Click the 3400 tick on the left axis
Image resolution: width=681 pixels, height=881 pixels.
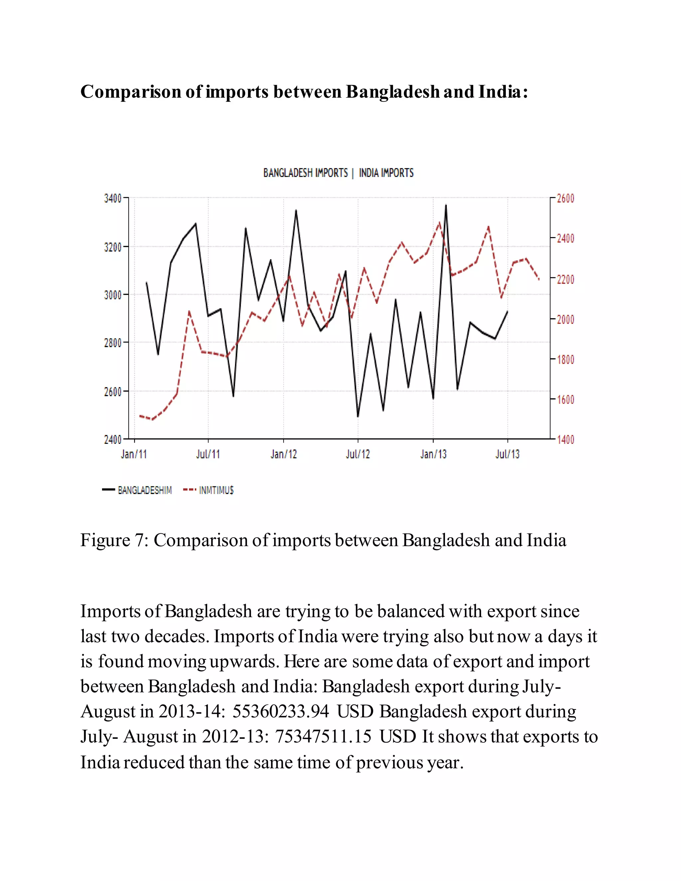tap(113, 198)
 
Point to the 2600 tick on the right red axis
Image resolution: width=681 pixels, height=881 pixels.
tap(565, 198)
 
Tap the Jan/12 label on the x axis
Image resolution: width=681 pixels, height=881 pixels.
tap(283, 454)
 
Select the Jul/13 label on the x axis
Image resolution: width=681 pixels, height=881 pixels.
tap(507, 454)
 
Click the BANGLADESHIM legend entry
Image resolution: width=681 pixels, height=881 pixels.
tap(144, 490)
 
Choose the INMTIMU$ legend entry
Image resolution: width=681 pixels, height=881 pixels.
tap(216, 490)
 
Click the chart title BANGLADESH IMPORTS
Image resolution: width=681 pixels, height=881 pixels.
tap(305, 173)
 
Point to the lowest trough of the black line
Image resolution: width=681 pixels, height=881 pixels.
tap(358, 416)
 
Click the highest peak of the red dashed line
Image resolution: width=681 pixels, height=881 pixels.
tap(439, 222)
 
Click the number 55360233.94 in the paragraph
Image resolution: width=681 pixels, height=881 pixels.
tap(281, 711)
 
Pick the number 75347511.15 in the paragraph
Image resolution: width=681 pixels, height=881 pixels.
tap(323, 737)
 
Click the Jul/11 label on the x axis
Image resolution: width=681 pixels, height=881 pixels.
tap(208, 454)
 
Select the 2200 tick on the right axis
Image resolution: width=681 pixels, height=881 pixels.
tap(565, 279)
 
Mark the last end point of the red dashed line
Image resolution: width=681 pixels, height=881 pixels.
tap(539, 279)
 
